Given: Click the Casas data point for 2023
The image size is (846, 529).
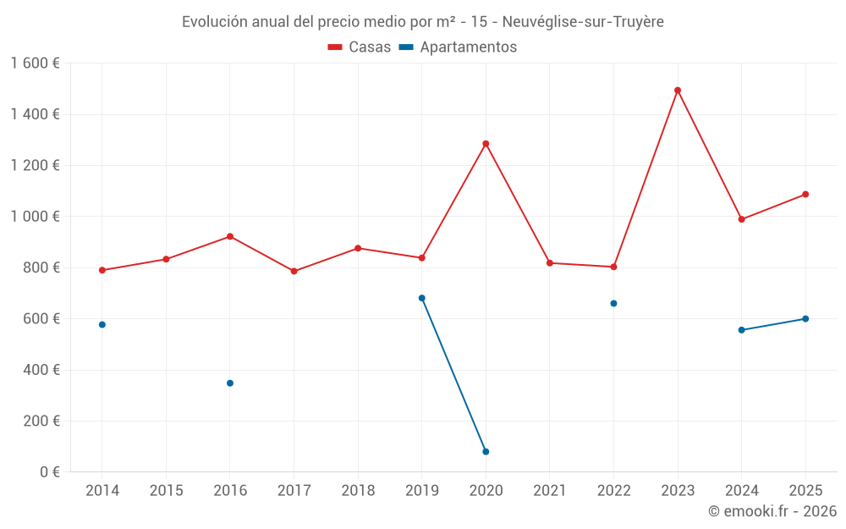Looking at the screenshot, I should point(678,91).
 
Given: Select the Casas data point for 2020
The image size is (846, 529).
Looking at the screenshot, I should point(486,144).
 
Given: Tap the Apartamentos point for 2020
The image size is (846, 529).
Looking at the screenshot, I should point(486,452).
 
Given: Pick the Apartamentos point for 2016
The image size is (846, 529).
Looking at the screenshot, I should point(230,383).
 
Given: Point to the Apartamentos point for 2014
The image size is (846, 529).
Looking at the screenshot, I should point(102,325).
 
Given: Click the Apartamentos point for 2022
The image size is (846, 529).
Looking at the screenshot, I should point(613,303).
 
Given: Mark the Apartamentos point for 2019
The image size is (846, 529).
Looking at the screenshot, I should point(422,298).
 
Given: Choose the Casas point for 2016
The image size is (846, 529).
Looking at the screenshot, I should point(230,237).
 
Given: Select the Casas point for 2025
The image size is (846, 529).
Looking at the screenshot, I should point(805,195).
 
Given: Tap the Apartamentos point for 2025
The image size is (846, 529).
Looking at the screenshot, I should point(805,319).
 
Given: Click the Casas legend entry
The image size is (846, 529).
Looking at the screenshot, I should point(360,47).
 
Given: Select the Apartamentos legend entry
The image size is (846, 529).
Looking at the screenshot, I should point(458,47).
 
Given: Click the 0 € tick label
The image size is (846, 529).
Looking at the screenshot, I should point(47,472).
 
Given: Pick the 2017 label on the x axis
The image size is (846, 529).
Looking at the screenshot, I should point(294,491).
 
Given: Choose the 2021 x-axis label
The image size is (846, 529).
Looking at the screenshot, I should point(550,491).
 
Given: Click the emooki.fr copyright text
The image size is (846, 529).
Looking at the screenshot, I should point(772,511).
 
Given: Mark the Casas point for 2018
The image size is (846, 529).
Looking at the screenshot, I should point(358,249).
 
